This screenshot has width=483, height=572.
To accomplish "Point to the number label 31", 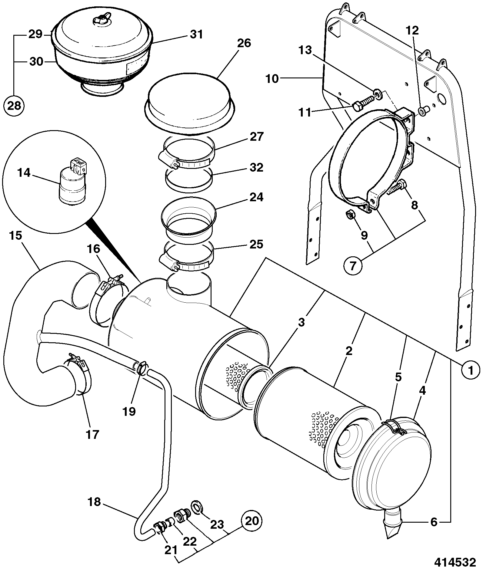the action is tap(196, 34).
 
